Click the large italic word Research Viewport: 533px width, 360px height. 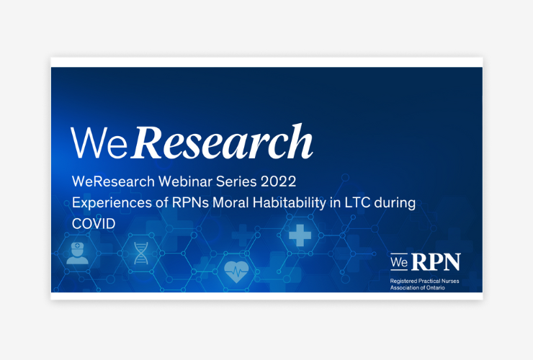pyautogui.click(x=223, y=142)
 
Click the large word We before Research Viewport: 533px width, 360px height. pyautogui.click(x=99, y=143)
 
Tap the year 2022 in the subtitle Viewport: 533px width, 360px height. pyautogui.click(x=279, y=181)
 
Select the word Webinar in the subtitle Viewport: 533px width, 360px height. pyautogui.click(x=186, y=181)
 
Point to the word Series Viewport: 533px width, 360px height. pyautogui.click(x=236, y=181)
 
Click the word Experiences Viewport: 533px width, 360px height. pyautogui.click(x=112, y=203)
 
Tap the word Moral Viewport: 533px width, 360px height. pyautogui.click(x=230, y=203)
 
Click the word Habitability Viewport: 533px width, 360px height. pyautogui.click(x=290, y=203)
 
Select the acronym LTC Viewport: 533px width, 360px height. pyautogui.click(x=357, y=203)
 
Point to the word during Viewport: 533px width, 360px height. pyautogui.click(x=395, y=203)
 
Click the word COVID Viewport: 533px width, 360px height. pyautogui.click(x=94, y=224)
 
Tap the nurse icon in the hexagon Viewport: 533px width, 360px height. pyautogui.click(x=78, y=253)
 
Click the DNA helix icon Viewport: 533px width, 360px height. pyautogui.click(x=141, y=253)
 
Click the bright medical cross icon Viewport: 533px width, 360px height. pyautogui.click(x=300, y=235)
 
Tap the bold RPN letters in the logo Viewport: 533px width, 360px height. pyautogui.click(x=436, y=262)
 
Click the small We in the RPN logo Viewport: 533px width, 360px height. pyautogui.click(x=399, y=262)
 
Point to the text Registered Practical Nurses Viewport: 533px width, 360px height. pyautogui.click(x=424, y=281)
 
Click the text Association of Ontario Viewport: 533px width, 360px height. pyautogui.click(x=418, y=287)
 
